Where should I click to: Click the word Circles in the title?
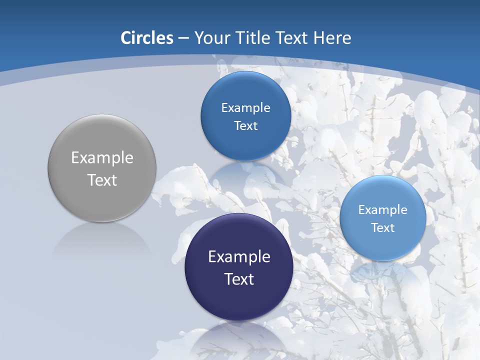click(146, 37)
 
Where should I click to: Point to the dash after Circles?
click(183, 38)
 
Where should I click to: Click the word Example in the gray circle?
click(102, 158)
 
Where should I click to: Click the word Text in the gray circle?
click(102, 180)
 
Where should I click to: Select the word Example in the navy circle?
click(239, 257)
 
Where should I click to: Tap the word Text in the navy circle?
click(239, 279)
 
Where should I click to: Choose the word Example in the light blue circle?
click(383, 210)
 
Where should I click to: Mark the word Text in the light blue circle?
click(383, 228)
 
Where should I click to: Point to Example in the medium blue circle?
click(245, 108)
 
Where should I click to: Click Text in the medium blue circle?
click(245, 126)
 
